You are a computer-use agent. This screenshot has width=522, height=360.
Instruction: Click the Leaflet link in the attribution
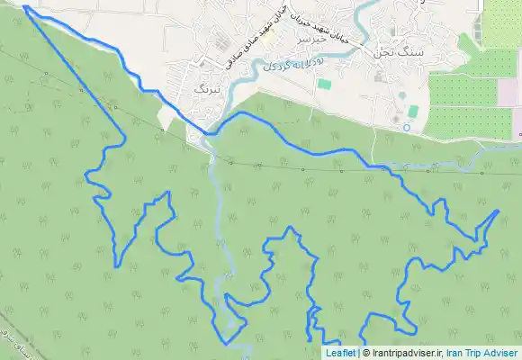coord(340,354)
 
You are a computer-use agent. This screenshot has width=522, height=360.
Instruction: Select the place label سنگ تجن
coord(400,53)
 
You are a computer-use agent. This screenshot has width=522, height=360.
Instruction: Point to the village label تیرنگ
coord(207,88)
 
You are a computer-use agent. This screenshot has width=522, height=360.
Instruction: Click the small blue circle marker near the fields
coord(407,128)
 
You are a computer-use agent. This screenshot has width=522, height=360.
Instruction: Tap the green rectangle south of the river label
coord(324,85)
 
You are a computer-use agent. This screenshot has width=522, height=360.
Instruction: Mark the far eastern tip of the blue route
coord(499,210)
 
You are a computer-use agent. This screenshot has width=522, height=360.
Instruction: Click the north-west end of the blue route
coord(24,7)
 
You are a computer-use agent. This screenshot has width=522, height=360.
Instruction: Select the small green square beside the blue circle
coord(413,111)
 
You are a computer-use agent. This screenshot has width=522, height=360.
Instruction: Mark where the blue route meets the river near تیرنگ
coord(210,134)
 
